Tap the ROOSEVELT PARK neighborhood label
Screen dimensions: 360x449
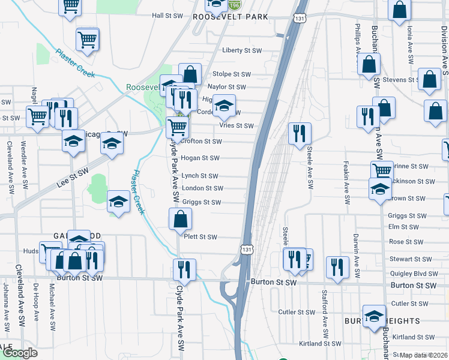230,17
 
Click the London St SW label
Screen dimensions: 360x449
203,188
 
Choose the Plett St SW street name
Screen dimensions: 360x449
200,237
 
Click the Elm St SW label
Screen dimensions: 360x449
403,227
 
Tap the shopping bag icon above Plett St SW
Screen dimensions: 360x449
181,220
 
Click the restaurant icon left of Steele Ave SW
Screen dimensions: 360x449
299,133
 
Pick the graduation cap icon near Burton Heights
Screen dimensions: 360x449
373,316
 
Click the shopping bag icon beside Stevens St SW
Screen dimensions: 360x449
430,80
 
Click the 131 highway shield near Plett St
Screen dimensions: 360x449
247,248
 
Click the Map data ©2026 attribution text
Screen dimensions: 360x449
424,355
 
